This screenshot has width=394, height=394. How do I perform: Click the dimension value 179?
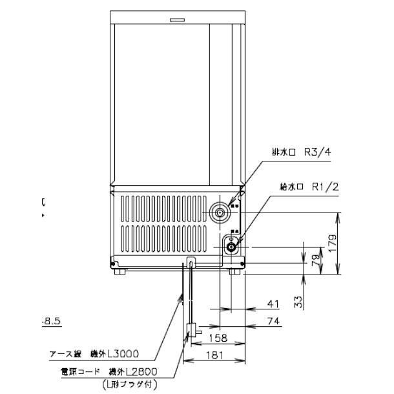pyautogui.click(x=335, y=242)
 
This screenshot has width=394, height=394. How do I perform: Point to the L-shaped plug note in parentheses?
pyautogui.click(x=129, y=385)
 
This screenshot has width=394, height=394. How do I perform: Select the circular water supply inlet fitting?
pyautogui.click(x=231, y=245)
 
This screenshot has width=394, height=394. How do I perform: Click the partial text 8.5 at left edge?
pyautogui.click(x=51, y=320)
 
